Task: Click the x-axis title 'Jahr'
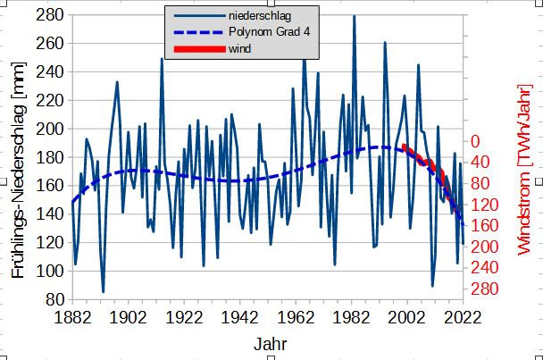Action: [x=270, y=343]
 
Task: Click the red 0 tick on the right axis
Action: [x=476, y=141]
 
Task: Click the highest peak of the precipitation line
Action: [x=354, y=16]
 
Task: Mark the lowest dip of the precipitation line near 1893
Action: [x=104, y=292]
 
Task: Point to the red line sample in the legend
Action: [x=194, y=48]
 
